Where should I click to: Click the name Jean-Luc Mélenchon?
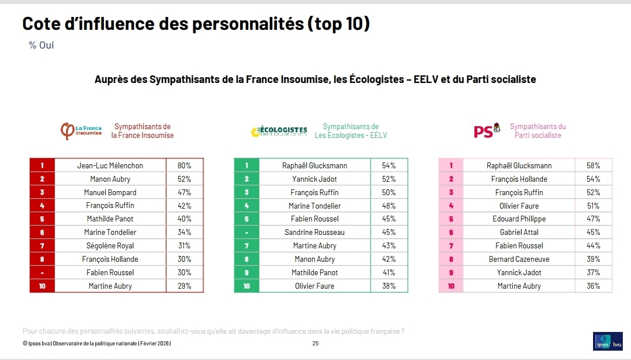(x=110, y=165)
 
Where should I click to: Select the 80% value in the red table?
(x=184, y=165)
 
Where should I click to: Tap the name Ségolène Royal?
(x=110, y=245)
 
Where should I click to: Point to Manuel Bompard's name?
(x=110, y=192)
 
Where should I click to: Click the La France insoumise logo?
(x=81, y=131)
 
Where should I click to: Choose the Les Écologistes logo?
(x=278, y=131)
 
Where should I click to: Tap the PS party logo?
(x=487, y=131)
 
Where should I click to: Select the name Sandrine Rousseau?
(x=314, y=232)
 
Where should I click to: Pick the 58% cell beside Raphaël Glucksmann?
(x=593, y=165)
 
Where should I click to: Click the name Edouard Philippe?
(x=519, y=219)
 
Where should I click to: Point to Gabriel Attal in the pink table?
(x=519, y=232)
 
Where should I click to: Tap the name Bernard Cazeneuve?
(x=519, y=259)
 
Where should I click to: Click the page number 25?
(x=315, y=344)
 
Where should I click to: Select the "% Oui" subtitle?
(x=41, y=45)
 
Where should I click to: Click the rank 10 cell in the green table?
(x=247, y=286)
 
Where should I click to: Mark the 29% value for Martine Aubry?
(x=184, y=286)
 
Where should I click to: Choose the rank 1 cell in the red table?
(x=42, y=165)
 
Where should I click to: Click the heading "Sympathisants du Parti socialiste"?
(x=538, y=131)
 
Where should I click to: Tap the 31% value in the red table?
(x=184, y=245)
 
